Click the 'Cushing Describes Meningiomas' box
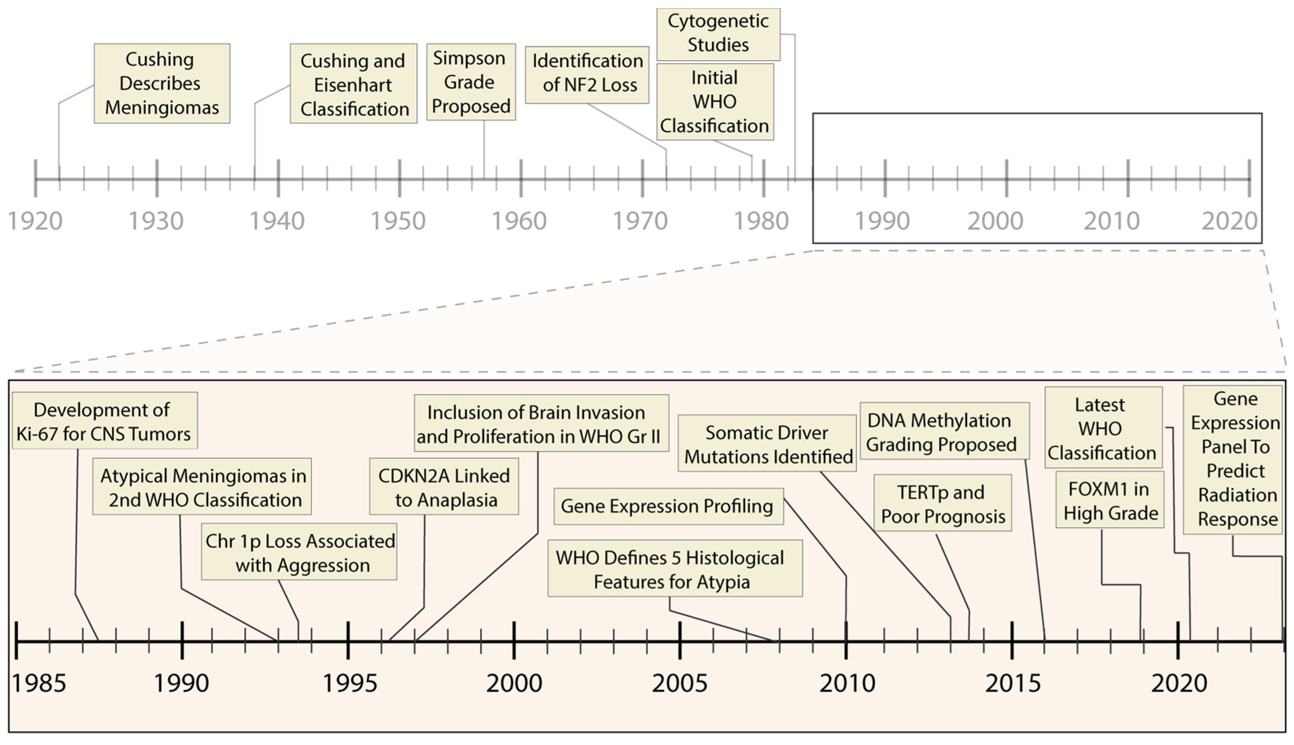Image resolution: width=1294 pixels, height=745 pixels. click(162, 83)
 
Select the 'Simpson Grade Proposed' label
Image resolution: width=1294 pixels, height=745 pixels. click(471, 82)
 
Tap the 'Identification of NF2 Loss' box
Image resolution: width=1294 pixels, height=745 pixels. click(587, 75)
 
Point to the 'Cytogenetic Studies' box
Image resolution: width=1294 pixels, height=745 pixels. click(718, 34)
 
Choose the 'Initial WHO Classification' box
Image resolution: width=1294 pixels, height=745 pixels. click(715, 101)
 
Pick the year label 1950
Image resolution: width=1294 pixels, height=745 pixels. click(398, 221)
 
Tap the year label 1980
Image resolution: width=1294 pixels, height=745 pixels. click(761, 221)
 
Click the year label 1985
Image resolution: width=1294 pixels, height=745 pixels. click(39, 683)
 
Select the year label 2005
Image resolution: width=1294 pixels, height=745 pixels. click(679, 683)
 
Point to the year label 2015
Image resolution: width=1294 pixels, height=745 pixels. click(1012, 683)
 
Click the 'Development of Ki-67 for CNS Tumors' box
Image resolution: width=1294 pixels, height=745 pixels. click(104, 421)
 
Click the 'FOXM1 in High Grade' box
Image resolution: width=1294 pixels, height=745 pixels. click(1109, 500)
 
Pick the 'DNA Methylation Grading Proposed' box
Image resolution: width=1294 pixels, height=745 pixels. click(944, 431)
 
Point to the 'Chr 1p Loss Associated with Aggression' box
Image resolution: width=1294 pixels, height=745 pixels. click(299, 552)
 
